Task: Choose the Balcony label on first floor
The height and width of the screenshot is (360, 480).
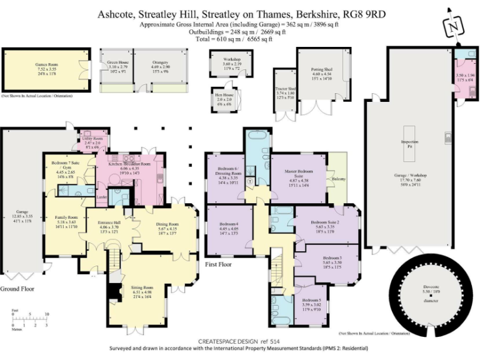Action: pyautogui.click(x=339, y=179)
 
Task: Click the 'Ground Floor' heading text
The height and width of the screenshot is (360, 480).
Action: pyautogui.click(x=17, y=289)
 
